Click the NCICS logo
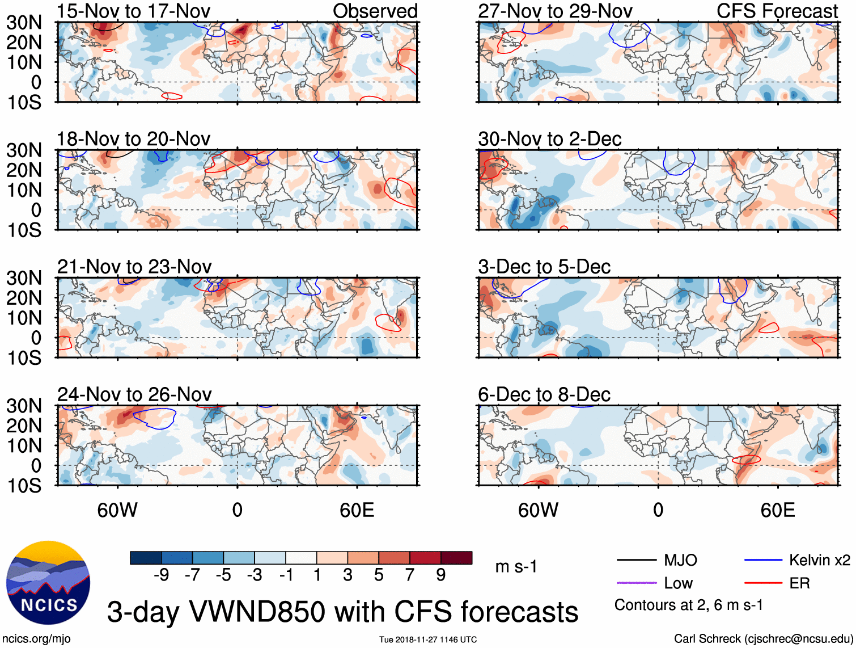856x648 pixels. (48, 583)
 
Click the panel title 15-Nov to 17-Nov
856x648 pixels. (134, 11)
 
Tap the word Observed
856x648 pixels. (375, 11)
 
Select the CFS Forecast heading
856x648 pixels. (777, 11)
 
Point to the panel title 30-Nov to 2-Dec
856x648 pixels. (550, 139)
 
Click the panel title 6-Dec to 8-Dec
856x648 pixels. (544, 394)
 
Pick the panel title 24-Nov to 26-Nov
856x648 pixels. (134, 394)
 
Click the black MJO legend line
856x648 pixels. (637, 560)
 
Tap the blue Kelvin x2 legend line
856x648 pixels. (763, 560)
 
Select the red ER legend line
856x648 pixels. (763, 583)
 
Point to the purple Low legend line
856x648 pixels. (637, 583)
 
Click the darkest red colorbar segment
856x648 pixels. (456, 558)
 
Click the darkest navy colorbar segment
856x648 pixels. (146, 558)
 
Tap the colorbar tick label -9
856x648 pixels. (161, 575)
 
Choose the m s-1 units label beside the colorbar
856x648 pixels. (516, 566)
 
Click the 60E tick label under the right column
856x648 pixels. (777, 510)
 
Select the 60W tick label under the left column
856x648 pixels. (117, 510)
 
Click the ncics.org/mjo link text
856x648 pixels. (36, 639)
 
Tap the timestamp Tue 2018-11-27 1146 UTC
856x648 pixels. (428, 639)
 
